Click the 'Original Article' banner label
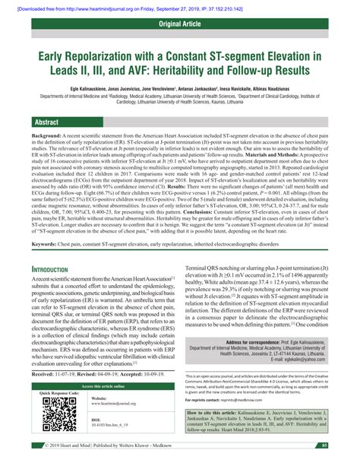pos(180,25)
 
